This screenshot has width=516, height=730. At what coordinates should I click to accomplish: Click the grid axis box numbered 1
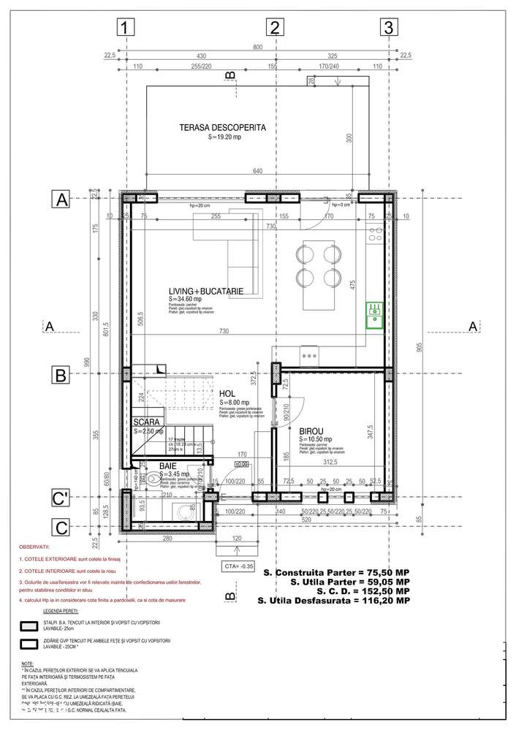(x=126, y=28)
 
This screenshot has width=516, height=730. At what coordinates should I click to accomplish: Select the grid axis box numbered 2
(x=275, y=28)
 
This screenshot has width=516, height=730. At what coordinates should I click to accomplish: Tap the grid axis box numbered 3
(x=389, y=28)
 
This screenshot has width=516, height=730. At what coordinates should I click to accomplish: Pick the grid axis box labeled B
(x=61, y=376)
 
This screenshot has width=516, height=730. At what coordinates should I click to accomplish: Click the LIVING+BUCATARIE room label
(x=205, y=292)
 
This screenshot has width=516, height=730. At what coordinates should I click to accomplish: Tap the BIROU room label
(x=312, y=431)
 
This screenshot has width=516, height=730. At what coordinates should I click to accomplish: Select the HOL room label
(x=227, y=394)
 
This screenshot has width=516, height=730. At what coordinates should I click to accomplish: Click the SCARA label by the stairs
(x=146, y=423)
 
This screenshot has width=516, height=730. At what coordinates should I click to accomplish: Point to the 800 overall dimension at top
(x=257, y=47)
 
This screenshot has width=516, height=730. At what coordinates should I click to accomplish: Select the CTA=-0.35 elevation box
(x=239, y=566)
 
